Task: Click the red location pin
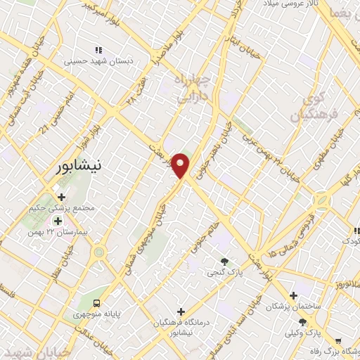tap(181, 165)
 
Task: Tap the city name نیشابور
tap(77, 166)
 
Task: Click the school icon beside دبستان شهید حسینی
tap(98, 50)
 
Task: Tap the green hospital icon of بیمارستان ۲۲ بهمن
tap(58, 221)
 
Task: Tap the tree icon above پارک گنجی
tap(225, 261)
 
